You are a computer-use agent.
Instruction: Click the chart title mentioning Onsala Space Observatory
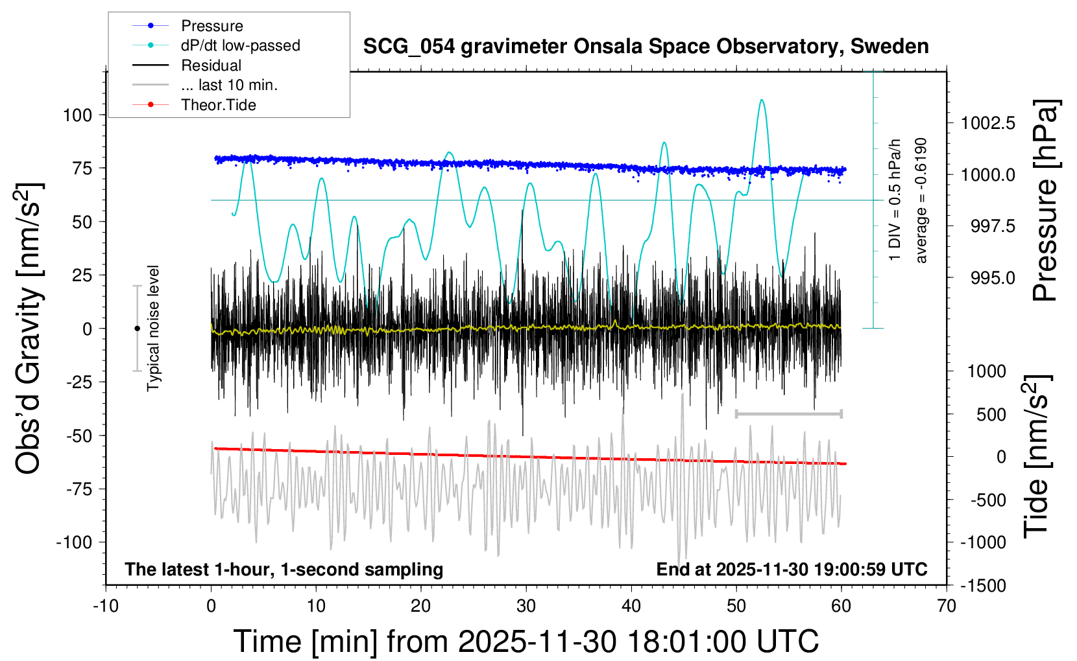click(646, 47)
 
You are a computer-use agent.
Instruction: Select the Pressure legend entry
click(212, 26)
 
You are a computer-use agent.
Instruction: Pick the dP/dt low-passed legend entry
click(240, 45)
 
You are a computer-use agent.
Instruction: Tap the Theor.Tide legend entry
click(218, 105)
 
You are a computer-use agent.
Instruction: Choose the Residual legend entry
click(211, 65)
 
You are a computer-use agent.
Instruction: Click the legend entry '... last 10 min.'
click(229, 85)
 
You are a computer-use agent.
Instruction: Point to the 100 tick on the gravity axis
click(77, 115)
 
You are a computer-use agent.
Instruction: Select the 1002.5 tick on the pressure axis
click(988, 123)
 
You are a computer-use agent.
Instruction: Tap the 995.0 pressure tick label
click(993, 278)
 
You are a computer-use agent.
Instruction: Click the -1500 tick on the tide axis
click(983, 586)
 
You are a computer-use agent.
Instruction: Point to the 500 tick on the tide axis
click(991, 414)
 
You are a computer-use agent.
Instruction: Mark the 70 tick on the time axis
click(947, 607)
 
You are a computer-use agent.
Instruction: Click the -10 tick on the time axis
click(106, 607)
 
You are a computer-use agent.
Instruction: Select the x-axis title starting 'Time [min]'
click(526, 642)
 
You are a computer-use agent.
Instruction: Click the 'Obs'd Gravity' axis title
click(29, 329)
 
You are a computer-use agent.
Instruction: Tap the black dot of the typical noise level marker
click(137, 329)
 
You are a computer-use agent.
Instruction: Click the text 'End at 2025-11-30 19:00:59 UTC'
click(792, 570)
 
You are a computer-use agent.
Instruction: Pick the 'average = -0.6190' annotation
click(921, 200)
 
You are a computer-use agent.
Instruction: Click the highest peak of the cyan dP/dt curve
click(762, 100)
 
